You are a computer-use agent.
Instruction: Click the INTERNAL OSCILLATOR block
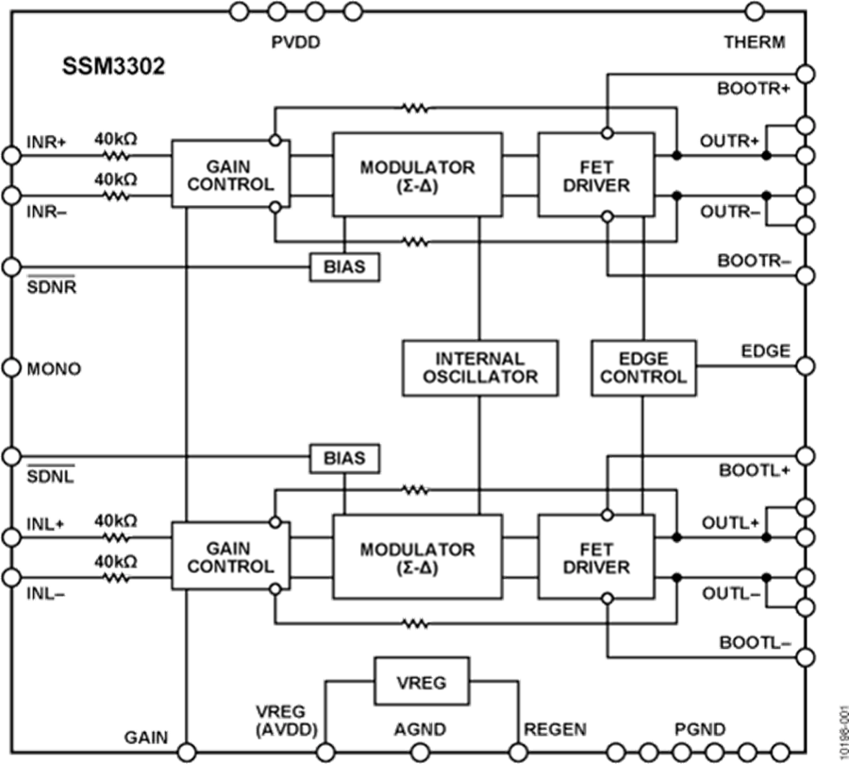(480, 367)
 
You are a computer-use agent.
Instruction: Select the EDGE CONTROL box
(643, 367)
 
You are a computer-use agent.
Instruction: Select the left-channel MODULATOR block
(417, 557)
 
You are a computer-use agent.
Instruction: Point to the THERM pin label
(754, 43)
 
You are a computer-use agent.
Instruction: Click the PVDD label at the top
(295, 42)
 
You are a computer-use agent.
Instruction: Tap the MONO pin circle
(11, 367)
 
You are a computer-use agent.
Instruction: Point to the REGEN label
(556, 728)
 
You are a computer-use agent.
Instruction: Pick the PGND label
(699, 728)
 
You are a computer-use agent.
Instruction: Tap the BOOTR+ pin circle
(805, 74)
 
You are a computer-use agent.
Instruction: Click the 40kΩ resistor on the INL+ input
(116, 536)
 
